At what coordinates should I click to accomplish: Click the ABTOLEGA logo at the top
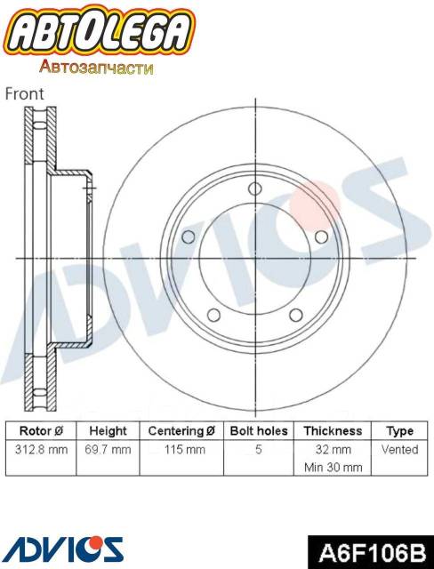point(100,34)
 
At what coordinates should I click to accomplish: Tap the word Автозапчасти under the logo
point(97,68)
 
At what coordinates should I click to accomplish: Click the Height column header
point(108,430)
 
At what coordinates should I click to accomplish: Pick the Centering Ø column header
point(181,430)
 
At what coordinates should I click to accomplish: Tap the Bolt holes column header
point(258,430)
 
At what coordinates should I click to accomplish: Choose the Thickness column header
point(332,430)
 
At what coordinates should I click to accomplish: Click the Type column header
point(399,430)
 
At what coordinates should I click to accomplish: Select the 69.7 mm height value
point(108,450)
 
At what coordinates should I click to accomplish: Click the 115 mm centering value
point(184,450)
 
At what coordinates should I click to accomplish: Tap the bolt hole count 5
point(258,450)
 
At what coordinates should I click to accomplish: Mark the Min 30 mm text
point(332,467)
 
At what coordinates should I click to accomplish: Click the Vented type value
point(399,450)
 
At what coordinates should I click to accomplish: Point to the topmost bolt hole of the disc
point(255,188)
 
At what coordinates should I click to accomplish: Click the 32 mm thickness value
point(332,450)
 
